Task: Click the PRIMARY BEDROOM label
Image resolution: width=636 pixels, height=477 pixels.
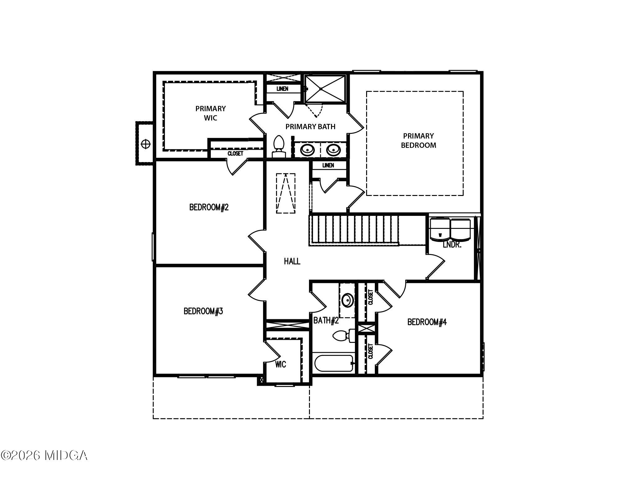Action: click(x=418, y=140)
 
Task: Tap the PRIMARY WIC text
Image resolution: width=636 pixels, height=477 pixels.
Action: click(x=211, y=113)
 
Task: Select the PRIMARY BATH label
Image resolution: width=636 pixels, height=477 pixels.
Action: click(x=310, y=127)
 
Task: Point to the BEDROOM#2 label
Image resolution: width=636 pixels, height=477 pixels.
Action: click(x=209, y=207)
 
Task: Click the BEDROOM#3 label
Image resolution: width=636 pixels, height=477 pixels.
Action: click(x=203, y=311)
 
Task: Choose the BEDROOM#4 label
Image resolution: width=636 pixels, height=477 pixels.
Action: click(x=427, y=322)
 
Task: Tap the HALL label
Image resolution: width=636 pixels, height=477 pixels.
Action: click(x=292, y=261)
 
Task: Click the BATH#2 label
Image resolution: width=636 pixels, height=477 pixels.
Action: click(x=325, y=320)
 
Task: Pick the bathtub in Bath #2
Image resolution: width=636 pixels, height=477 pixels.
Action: click(x=334, y=363)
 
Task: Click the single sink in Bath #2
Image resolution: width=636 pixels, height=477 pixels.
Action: click(x=347, y=300)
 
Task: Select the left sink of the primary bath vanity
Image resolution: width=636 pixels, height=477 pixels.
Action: click(x=307, y=150)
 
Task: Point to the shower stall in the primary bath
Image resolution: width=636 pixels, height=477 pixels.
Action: click(x=325, y=89)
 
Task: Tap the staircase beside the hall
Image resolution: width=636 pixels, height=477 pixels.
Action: click(x=354, y=230)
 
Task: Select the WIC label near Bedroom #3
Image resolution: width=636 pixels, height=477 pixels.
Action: click(x=280, y=364)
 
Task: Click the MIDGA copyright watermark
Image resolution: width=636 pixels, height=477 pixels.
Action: click(x=44, y=456)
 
